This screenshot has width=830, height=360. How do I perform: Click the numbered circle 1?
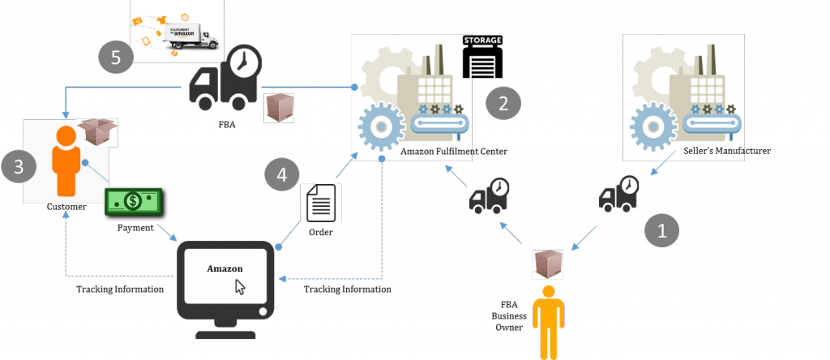pos(661,231)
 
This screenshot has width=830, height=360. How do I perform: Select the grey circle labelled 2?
pos(503,105)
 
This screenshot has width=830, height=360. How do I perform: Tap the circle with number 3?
pos(19,167)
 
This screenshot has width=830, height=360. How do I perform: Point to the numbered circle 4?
pos(281,174)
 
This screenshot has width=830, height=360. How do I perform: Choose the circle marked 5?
pos(115,58)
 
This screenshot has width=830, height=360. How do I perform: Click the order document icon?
pos(321,203)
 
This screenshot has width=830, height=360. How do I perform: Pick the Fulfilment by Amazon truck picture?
pos(178,31)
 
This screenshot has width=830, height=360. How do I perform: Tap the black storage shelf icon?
pos(482,57)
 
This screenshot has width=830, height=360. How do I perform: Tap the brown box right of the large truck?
pos(279,108)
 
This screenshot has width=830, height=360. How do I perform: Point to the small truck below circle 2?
pos(490,196)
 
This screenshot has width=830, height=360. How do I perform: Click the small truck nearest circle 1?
pos(618,195)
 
